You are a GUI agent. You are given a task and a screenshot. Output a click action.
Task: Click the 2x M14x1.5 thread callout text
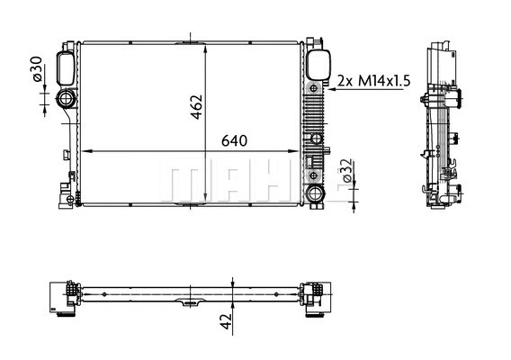pyautogui.click(x=373, y=81)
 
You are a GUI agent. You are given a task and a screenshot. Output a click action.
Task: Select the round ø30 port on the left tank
pyautogui.click(x=67, y=100)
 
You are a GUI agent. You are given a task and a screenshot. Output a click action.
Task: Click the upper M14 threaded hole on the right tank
pyautogui.click(x=314, y=88)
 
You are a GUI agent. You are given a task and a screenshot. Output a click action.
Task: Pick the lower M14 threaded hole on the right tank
pyautogui.click(x=315, y=138)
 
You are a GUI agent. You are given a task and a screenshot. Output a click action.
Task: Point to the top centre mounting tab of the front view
pyautogui.click(x=192, y=40)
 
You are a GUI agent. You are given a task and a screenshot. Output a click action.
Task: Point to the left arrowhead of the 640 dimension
pyautogui.click(x=83, y=150)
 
